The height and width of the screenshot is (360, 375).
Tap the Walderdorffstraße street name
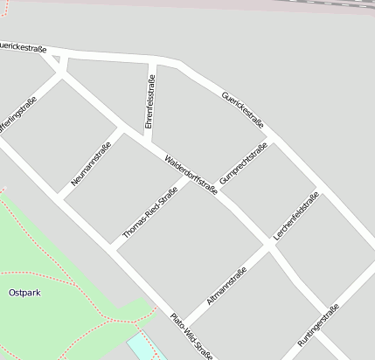(191, 173)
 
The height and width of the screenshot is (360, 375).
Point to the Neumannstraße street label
(91, 164)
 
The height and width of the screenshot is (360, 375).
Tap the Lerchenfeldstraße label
(296, 217)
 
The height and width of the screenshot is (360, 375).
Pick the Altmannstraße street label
(226, 286)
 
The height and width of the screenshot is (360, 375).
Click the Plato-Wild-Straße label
(191, 336)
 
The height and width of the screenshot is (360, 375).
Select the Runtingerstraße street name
(318, 325)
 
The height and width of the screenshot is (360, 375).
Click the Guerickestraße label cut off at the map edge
(23, 49)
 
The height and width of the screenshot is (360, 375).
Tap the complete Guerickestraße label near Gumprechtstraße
(242, 109)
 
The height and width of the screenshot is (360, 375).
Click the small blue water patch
(140, 347)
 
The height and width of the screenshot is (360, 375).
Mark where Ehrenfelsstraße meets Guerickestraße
(153, 60)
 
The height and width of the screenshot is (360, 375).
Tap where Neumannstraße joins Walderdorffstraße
(118, 129)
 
